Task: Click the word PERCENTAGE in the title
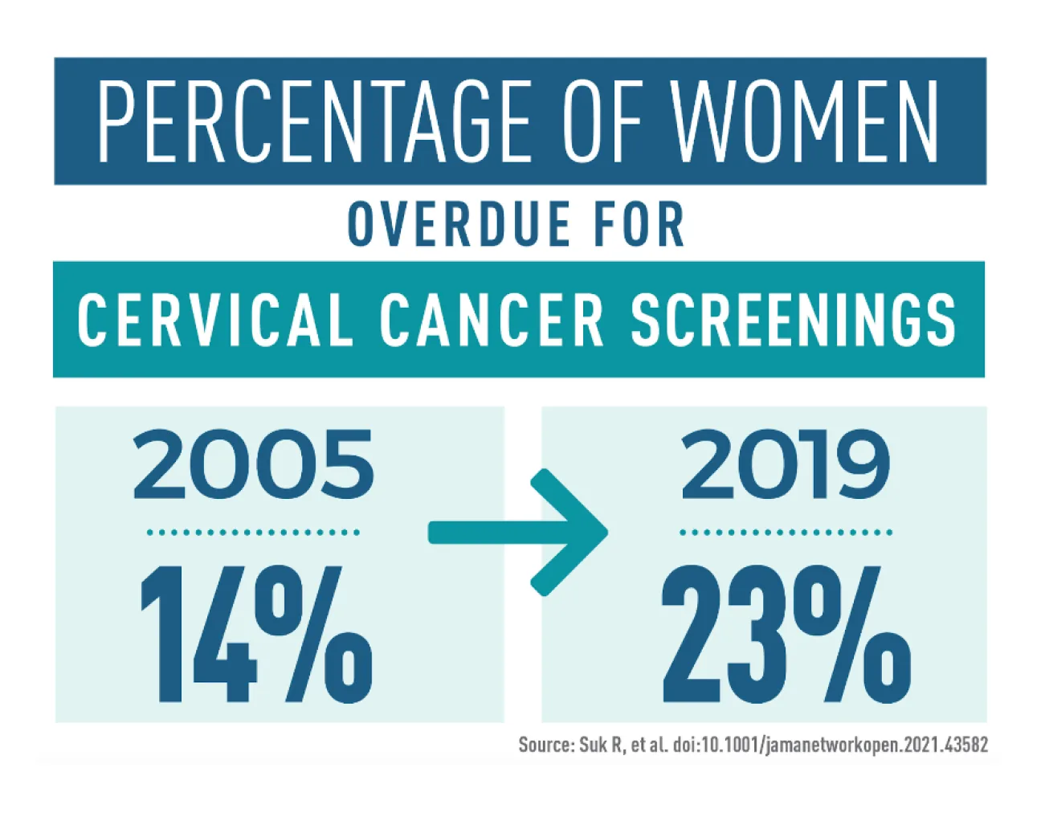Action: click(x=315, y=121)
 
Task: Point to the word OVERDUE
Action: click(x=458, y=224)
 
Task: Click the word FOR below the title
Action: click(x=639, y=224)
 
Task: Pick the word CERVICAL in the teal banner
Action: click(x=216, y=321)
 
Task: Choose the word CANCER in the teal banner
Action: click(x=491, y=321)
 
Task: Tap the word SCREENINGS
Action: click(x=793, y=321)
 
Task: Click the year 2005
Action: click(x=254, y=464)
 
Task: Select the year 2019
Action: click(x=786, y=464)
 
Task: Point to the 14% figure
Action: click(x=257, y=634)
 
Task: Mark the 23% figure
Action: click(x=786, y=634)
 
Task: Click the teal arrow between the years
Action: click(x=518, y=532)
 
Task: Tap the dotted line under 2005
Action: click(x=254, y=533)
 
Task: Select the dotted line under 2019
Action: click(x=786, y=533)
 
